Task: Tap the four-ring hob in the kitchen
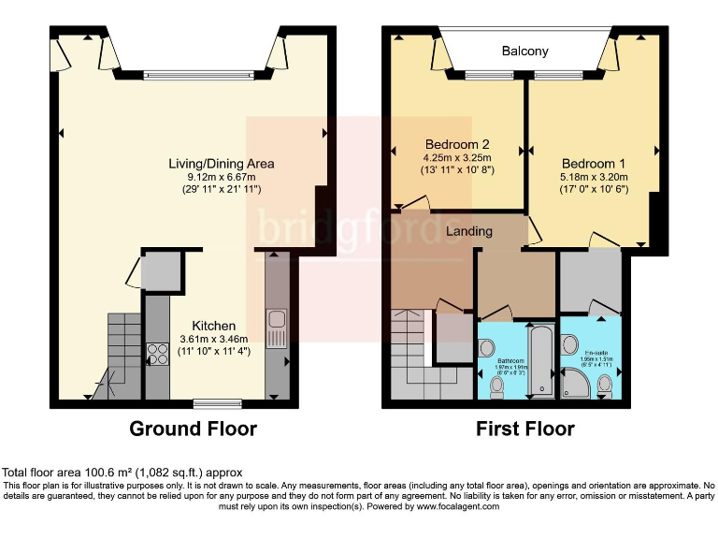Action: (x=156, y=355)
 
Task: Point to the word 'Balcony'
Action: (x=524, y=51)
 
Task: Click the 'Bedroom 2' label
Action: (x=457, y=145)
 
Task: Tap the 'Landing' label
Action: (x=468, y=231)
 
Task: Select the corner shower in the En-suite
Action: (x=573, y=381)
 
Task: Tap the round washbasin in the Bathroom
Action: (x=486, y=348)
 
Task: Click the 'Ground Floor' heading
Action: (x=193, y=430)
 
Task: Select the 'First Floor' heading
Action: (x=524, y=430)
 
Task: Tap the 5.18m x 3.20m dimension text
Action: (x=595, y=176)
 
